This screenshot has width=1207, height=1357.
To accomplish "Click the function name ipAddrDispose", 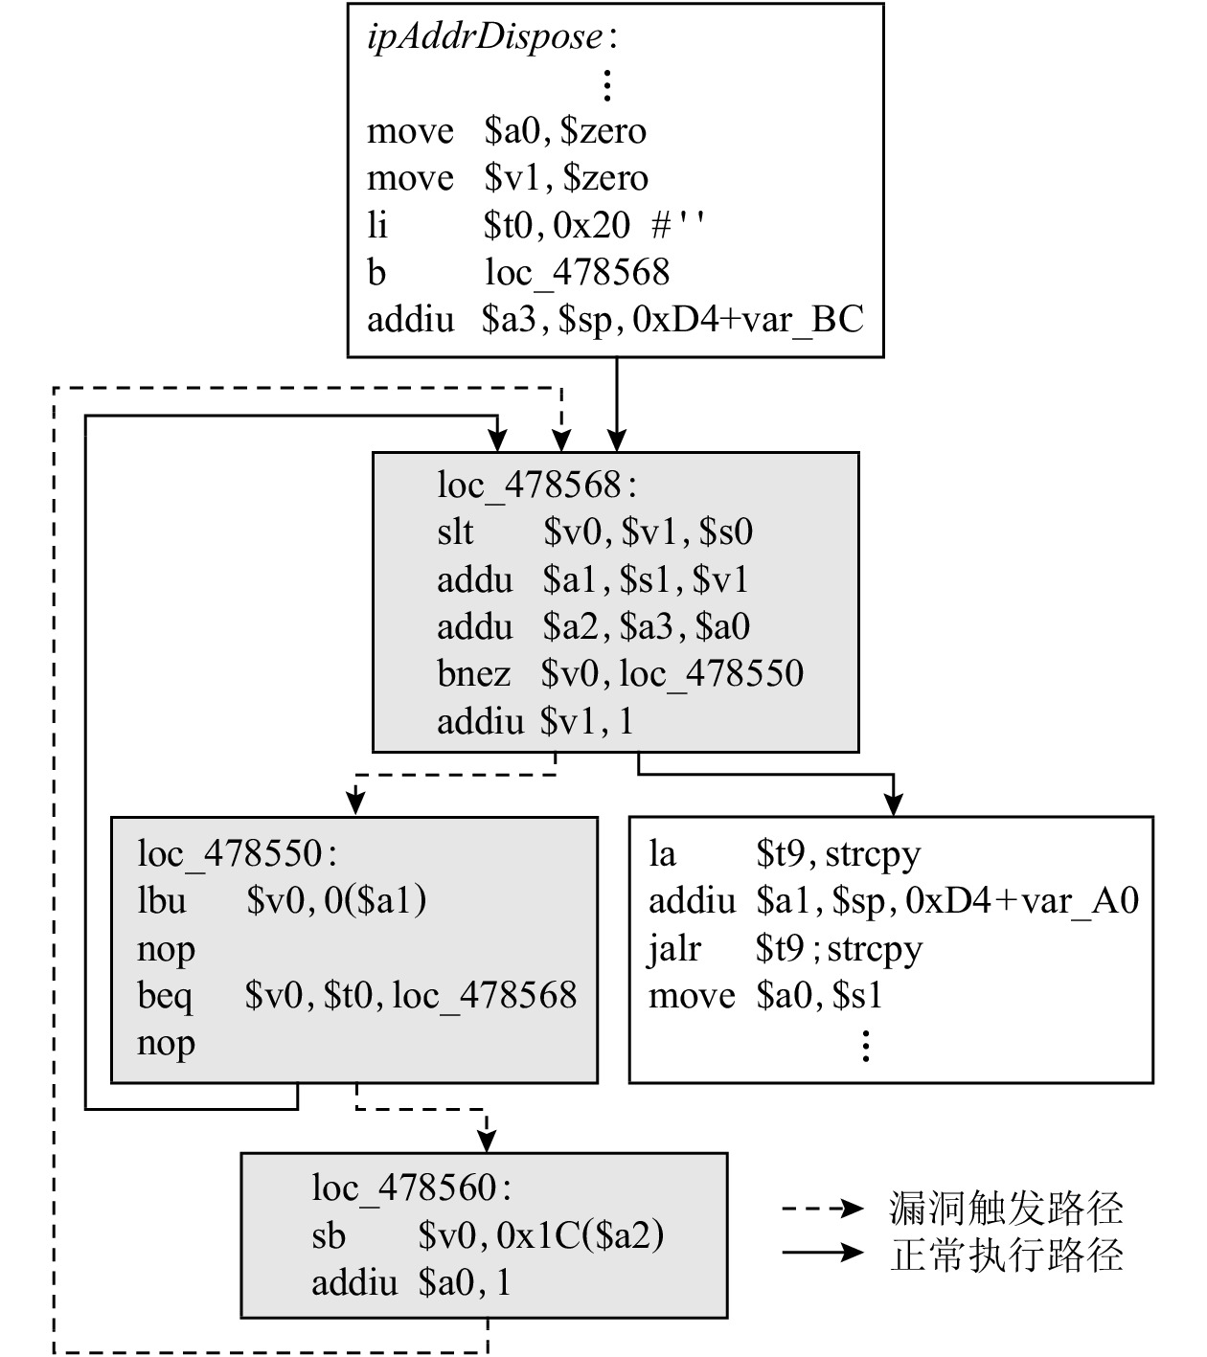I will [485, 37].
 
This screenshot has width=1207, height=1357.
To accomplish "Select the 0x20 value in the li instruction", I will [592, 225].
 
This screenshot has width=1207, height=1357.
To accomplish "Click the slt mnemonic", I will [455, 532].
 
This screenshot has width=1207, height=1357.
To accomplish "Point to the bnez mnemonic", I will [473, 674].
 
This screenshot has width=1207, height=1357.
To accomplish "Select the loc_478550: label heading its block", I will [237, 853].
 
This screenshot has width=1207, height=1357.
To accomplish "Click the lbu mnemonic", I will [161, 901].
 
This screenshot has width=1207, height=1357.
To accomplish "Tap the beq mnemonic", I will [165, 996].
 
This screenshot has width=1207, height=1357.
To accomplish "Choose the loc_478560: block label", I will [411, 1188].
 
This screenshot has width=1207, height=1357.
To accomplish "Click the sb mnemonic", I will [328, 1236].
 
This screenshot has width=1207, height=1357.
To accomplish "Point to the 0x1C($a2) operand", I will [581, 1236].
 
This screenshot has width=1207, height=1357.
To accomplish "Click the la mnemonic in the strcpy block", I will [662, 853].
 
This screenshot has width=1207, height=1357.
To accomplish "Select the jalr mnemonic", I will [674, 949].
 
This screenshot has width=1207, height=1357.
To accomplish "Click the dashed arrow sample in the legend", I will [822, 1209].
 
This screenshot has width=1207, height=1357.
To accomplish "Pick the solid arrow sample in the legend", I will [822, 1253].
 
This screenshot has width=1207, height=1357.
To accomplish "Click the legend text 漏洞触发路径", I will [1006, 1209].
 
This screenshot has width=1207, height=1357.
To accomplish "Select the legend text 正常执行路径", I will [1006, 1255].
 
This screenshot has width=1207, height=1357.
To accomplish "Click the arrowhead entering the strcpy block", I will [893, 806].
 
